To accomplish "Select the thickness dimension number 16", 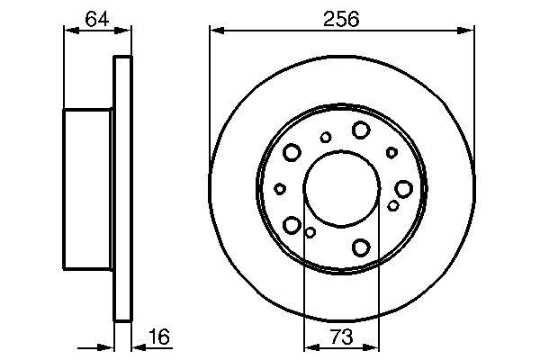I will tap(158, 337).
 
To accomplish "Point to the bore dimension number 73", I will tap(341, 337).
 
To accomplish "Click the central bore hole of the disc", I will tap(341, 188).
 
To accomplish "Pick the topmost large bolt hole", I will tap(360, 130).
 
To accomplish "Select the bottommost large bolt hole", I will tap(362, 247).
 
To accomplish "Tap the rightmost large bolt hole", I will tap(403, 188).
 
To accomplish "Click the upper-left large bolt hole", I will tap(292, 153).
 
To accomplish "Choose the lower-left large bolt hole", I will tap(292, 224).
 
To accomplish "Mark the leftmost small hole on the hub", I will tap(280, 189).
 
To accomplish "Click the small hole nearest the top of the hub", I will tap(326, 137).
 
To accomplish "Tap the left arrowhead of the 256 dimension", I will tap(216, 31).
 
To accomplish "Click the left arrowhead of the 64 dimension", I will tap(68, 31).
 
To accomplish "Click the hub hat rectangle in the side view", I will tap(88, 188).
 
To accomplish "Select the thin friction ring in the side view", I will tap(122, 188).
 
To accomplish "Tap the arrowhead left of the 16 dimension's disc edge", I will tap(110, 346).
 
